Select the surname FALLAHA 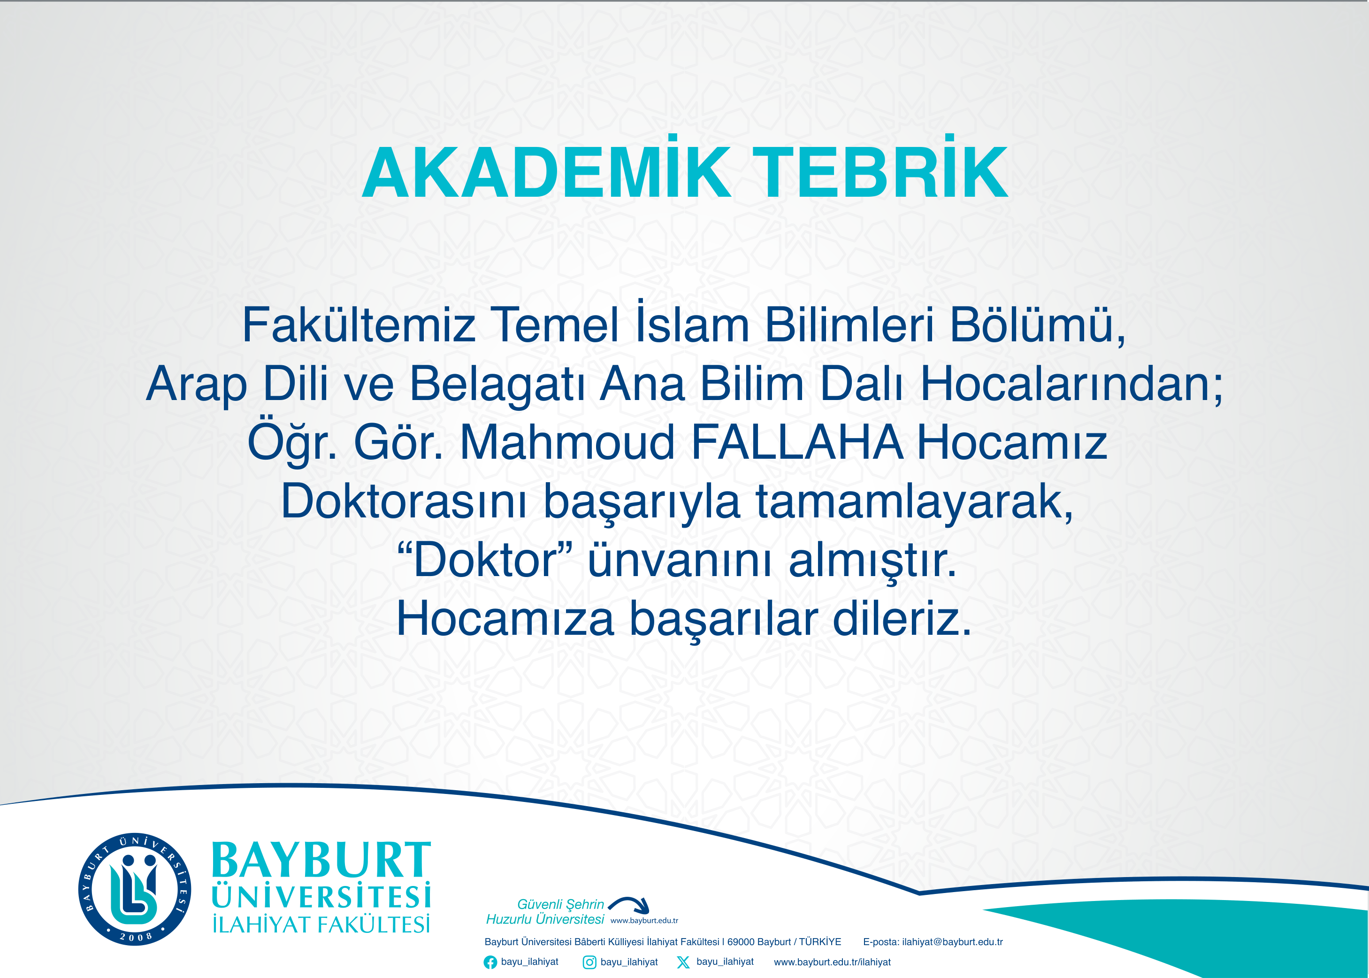point(796,443)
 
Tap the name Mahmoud point(567,443)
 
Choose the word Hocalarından point(1071,384)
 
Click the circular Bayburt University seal point(135,889)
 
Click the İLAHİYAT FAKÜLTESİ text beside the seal point(321,924)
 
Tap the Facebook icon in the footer point(490,963)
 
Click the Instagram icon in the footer point(589,963)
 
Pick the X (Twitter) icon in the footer point(683,963)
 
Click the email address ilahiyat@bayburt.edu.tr point(952,942)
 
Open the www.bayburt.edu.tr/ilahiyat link point(832,963)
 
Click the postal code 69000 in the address point(740,942)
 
